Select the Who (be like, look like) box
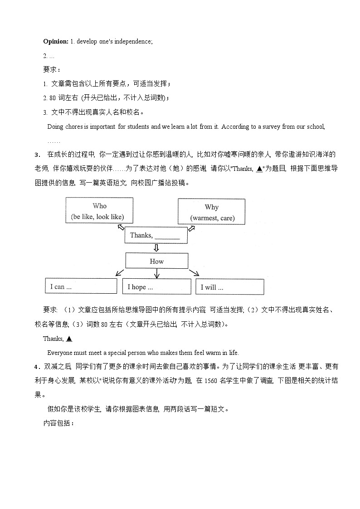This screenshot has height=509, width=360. point(100,211)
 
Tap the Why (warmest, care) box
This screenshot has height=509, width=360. point(211,212)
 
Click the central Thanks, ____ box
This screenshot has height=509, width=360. point(156,235)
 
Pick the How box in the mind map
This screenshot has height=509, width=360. point(156,261)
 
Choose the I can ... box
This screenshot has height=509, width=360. point(81,286)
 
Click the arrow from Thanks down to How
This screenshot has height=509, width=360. point(156,248)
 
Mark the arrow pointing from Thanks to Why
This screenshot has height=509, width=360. point(191,229)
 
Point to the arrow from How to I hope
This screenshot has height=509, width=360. point(156,273)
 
